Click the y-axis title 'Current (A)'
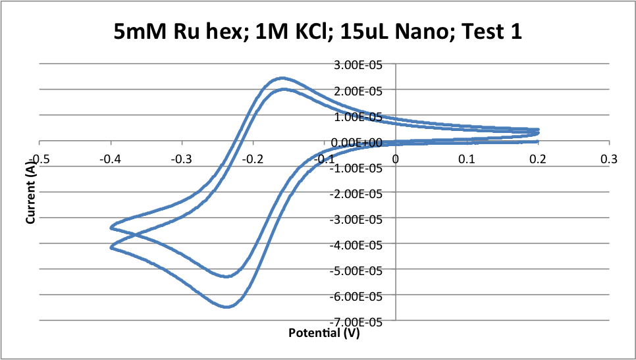point(30,194)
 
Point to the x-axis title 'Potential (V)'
point(324,333)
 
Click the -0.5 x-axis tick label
point(40,159)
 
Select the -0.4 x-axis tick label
point(111,159)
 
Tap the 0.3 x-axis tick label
point(610,159)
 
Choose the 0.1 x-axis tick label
point(467,159)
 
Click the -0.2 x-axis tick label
point(253,159)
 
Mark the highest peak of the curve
point(282,78)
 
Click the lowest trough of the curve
point(226,307)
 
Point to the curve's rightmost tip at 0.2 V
point(539,132)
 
